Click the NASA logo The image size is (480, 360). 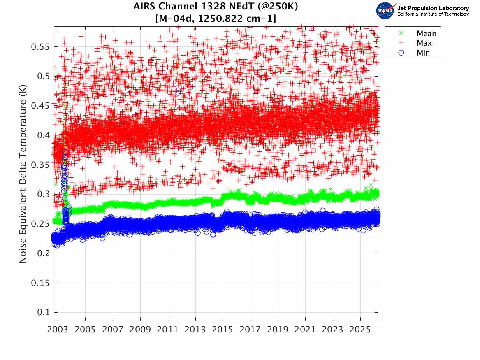[385, 10]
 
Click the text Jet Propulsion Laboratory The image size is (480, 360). [433, 8]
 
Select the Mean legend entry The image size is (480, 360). [426, 34]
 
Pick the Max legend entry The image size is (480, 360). [424, 43]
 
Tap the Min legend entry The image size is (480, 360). [423, 53]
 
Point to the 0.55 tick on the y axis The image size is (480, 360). [40, 46]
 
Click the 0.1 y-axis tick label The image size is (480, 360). [43, 312]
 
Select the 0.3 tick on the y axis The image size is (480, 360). [43, 194]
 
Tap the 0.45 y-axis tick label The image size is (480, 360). [40, 106]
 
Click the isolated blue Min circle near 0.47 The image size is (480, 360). [178, 93]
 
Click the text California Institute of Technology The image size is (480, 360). [433, 14]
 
